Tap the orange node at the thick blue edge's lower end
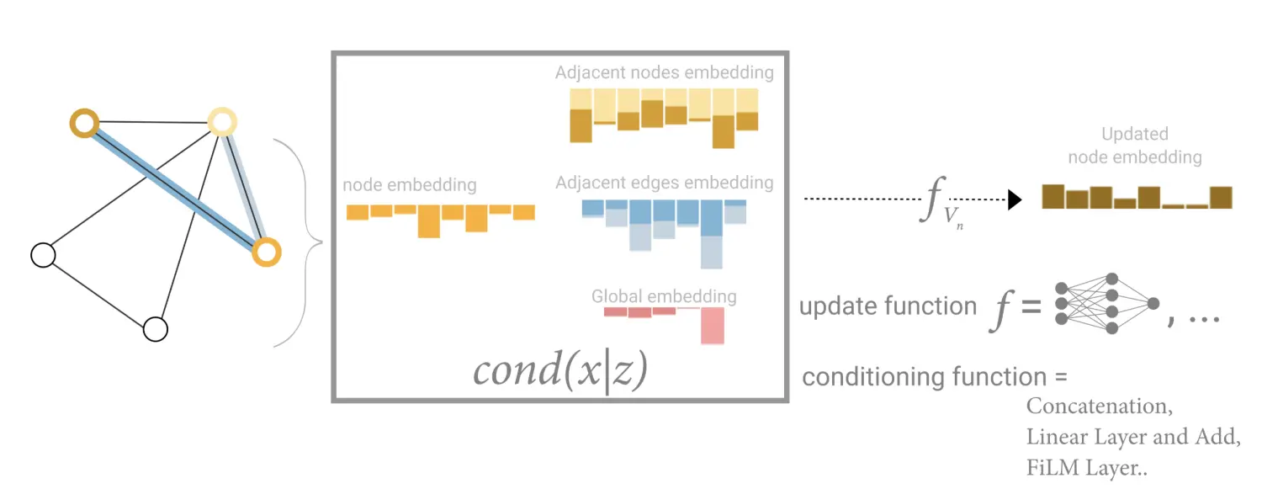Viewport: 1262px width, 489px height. [x=266, y=252]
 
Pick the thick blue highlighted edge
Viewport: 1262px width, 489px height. [x=168, y=183]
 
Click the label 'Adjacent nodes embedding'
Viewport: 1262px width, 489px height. [x=664, y=72]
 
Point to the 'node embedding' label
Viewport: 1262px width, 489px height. [x=409, y=185]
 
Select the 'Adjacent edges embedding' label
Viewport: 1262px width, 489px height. [x=664, y=183]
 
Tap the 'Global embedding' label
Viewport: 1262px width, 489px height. [x=663, y=296]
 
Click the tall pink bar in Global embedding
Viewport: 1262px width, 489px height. [x=713, y=326]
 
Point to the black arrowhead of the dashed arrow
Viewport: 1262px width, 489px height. [x=1014, y=199]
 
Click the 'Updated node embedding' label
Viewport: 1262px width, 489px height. [x=1134, y=146]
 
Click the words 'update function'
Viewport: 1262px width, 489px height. [x=887, y=306]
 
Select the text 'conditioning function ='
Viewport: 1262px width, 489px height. [x=934, y=376]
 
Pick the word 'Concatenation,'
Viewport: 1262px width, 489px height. [x=1100, y=407]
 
